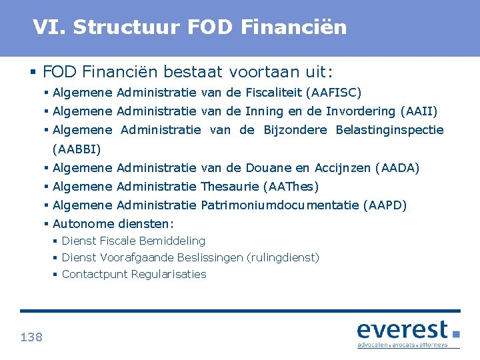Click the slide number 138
pos(31,337)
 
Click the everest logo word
pos(402,330)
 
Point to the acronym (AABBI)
pos(77,149)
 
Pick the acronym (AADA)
pos(397,168)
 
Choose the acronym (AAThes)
pos(291,187)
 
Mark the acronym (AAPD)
pos(385,205)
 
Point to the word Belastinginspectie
pos(390,130)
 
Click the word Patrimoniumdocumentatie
pos(279,205)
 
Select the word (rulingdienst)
pos(283,257)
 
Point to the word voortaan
pos(257,71)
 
